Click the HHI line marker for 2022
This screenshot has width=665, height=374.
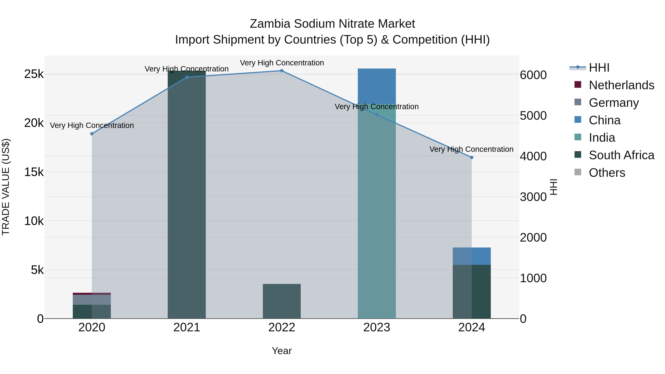coord(282,71)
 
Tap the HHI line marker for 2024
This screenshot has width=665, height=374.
coord(472,157)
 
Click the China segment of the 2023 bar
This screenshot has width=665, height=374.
coord(377,86)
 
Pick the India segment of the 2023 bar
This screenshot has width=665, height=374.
coord(377,212)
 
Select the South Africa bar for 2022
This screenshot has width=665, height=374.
coord(282,301)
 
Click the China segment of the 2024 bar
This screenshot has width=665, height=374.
coord(472,256)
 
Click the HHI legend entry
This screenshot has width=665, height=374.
coord(599,68)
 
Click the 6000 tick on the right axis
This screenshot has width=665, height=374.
coord(533,75)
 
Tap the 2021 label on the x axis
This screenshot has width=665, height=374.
coord(187,327)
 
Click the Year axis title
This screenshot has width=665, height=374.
coord(282,351)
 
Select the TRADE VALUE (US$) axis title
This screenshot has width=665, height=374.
coord(6,187)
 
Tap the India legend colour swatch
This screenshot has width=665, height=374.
coord(578,137)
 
